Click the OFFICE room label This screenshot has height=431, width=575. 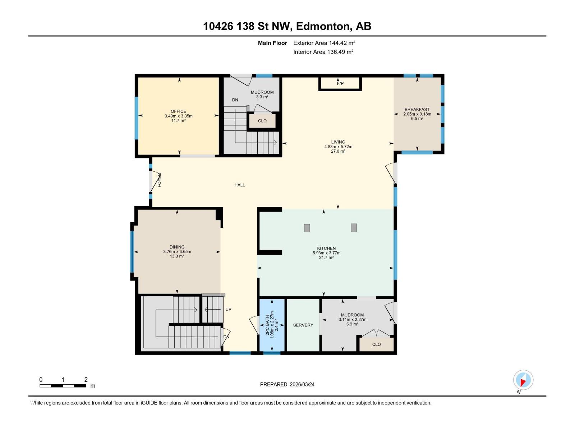(x=178, y=111)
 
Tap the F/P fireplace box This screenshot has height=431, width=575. (x=340, y=84)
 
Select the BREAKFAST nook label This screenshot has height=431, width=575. (x=417, y=110)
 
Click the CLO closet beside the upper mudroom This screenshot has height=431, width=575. (x=262, y=121)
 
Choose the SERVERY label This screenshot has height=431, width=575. (x=303, y=325)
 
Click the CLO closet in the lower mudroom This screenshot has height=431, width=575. (x=376, y=344)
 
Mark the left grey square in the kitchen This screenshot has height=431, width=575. (x=307, y=228)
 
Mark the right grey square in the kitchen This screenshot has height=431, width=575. (x=354, y=228)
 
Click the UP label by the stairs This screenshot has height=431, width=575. (x=228, y=310)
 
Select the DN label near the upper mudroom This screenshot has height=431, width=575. (x=235, y=100)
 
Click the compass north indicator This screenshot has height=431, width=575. (x=523, y=380)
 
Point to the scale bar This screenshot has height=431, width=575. (x=63, y=386)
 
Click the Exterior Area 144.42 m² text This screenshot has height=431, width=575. (x=324, y=43)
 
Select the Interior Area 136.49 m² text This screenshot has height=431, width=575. (x=323, y=52)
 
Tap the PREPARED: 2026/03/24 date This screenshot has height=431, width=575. (x=287, y=384)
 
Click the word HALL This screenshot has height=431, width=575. (x=240, y=185)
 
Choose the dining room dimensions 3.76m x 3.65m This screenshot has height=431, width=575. (x=177, y=252)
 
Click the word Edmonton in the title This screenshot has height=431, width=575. (x=323, y=26)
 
